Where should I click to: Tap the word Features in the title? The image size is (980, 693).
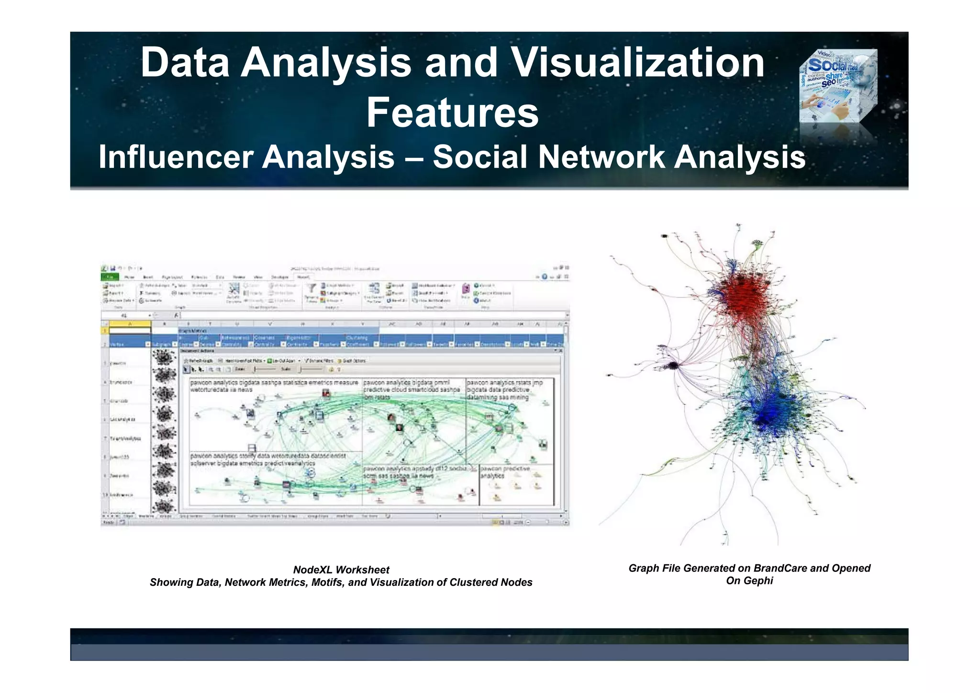(x=452, y=113)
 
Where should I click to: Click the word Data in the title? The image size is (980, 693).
(x=185, y=63)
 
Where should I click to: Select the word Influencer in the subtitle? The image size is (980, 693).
(x=176, y=157)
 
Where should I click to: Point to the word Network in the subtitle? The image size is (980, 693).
(x=601, y=157)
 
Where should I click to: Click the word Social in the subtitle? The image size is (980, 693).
(x=480, y=157)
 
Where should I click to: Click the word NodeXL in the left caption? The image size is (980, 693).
(x=312, y=570)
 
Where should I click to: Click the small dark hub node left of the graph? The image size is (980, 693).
(x=673, y=366)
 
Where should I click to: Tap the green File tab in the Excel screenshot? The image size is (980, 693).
(x=110, y=277)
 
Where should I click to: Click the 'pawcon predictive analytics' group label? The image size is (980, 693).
(x=505, y=472)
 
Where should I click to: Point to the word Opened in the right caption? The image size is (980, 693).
(x=851, y=568)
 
